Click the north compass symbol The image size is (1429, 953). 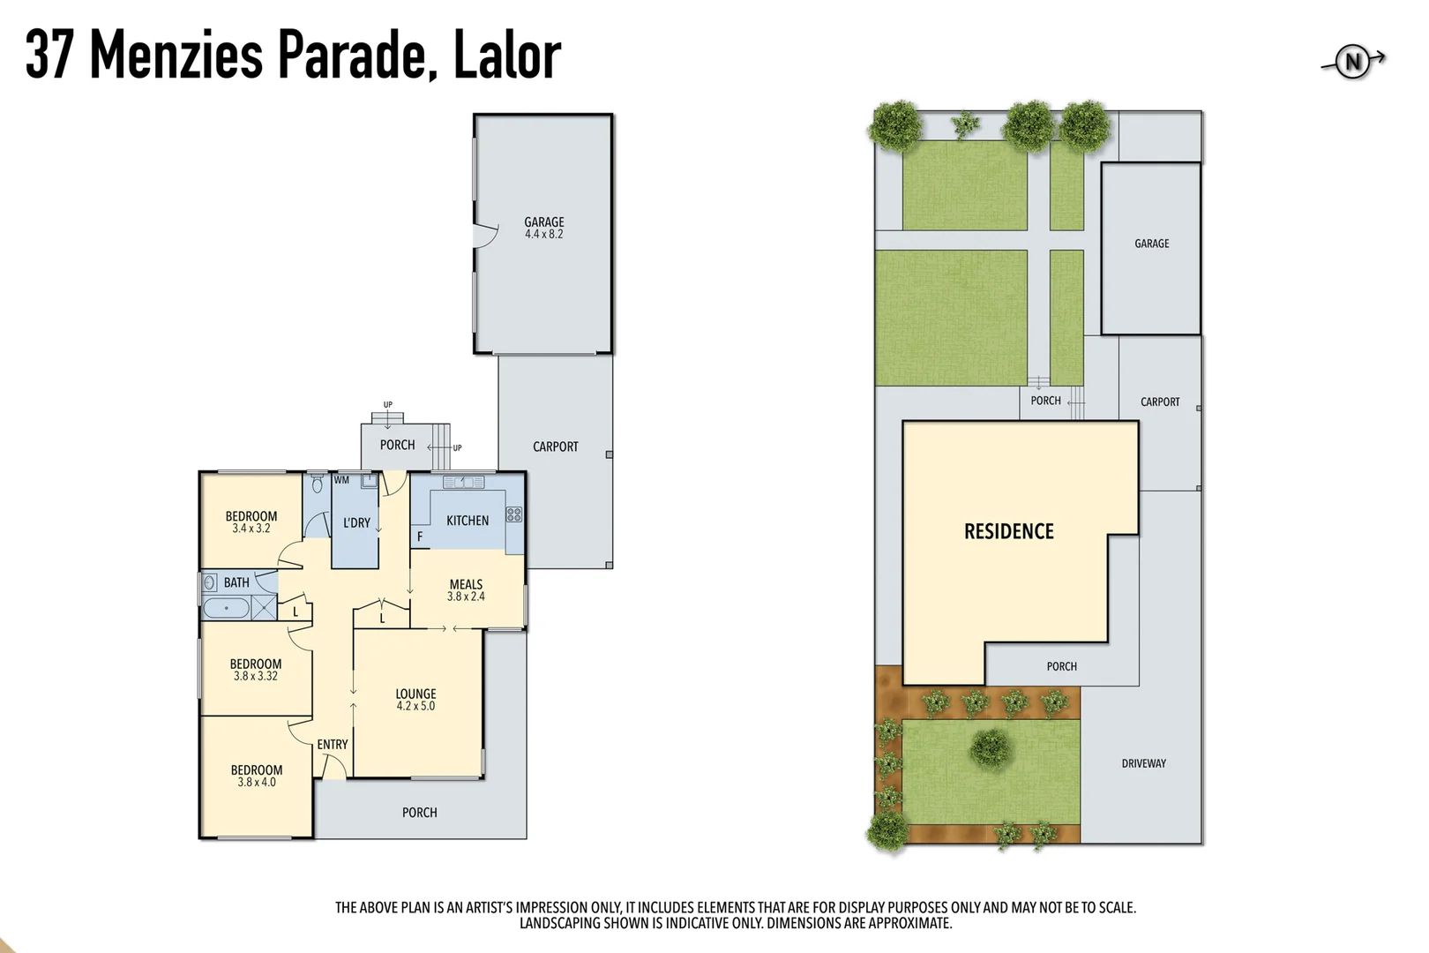click(1353, 62)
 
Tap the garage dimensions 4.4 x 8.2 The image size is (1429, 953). click(543, 235)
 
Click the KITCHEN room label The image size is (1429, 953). click(468, 521)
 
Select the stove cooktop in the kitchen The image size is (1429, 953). click(514, 514)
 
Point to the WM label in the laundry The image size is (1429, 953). click(341, 481)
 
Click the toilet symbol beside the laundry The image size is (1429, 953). click(318, 484)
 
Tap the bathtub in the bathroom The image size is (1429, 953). click(226, 608)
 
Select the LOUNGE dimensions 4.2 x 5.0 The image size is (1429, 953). click(415, 706)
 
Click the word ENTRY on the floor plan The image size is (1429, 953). click(333, 745)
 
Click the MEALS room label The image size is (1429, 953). click(466, 584)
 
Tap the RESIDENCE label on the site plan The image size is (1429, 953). click(1009, 531)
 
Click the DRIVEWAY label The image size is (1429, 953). click(1144, 763)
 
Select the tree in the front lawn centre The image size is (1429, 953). click(991, 748)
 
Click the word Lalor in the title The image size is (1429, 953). click(507, 55)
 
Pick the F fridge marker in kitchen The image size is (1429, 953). click(420, 537)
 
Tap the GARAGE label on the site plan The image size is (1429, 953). click(1152, 244)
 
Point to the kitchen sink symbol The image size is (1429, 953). click(464, 482)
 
